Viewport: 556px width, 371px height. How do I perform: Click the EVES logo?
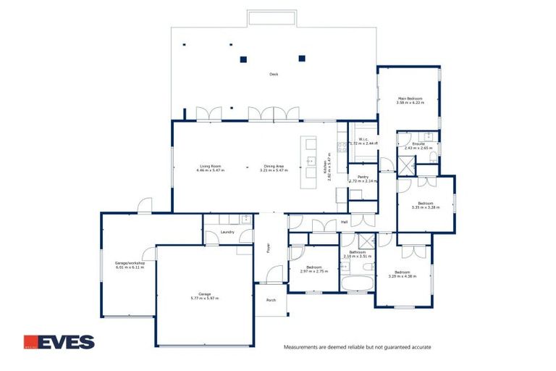pos(59,341)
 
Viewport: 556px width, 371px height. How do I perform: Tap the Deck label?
pos(274,74)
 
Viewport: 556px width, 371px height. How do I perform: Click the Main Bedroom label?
pos(409,99)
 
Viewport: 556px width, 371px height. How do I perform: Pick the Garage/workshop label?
pos(130,263)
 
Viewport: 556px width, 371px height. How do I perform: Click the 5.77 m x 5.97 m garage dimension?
pos(204,298)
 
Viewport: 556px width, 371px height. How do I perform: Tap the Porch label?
pos(271,300)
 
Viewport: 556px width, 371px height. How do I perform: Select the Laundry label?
pos(227,232)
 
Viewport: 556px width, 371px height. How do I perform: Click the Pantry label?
pos(363,177)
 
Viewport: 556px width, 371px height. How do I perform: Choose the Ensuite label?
pos(418,143)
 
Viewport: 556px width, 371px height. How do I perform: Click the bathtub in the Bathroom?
pos(356,283)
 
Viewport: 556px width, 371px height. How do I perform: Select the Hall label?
pos(345,222)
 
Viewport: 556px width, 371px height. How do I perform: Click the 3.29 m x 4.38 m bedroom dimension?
pos(403,276)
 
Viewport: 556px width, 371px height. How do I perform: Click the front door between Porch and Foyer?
pos(273,276)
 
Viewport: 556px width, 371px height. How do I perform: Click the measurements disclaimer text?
pos(357,347)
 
